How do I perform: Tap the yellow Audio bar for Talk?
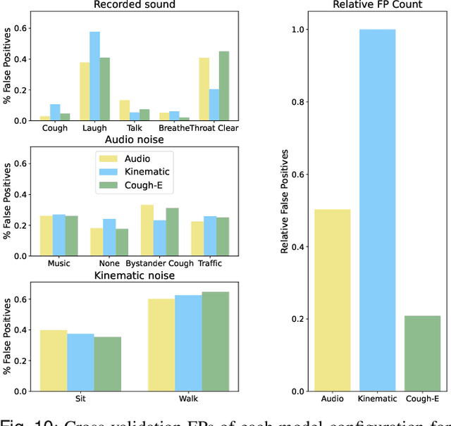pos(105,110)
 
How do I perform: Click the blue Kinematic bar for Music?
pos(59,235)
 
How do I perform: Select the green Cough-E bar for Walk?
pos(216,341)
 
